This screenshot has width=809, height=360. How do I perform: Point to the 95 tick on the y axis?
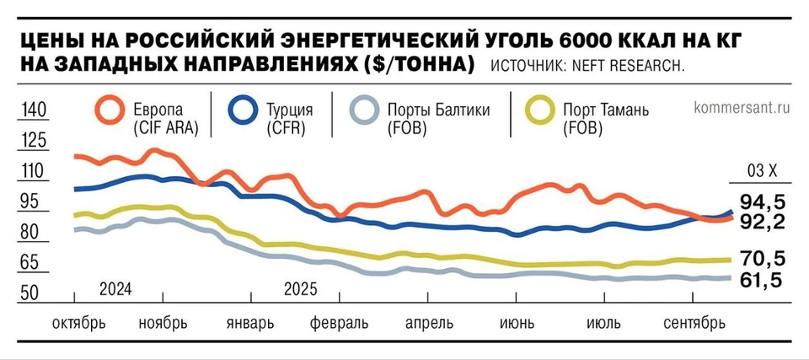click(31, 201)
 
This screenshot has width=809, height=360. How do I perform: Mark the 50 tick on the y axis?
click(31, 293)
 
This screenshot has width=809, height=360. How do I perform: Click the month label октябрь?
click(78, 323)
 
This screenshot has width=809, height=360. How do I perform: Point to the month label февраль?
click(339, 323)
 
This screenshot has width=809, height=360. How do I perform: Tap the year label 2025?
click(300, 289)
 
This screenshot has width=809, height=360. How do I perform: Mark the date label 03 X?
click(763, 171)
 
